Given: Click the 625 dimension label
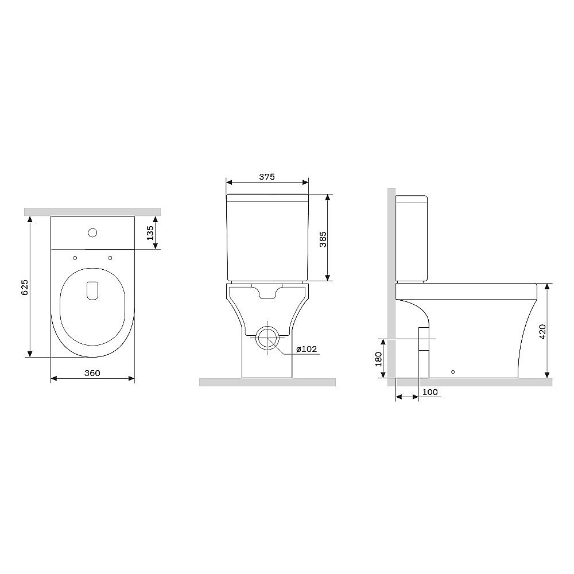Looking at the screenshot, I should pos(24,288).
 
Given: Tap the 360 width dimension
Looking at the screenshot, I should pos(92,373).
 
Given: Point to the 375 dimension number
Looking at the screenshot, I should pos(267,177).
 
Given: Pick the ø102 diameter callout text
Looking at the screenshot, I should pos(307,350).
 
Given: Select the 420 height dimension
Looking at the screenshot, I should pos(542,331).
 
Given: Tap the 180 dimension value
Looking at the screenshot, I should pos(378,359).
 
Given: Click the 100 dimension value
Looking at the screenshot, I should pos(430,392).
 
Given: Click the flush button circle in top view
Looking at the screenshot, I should pos(92,233).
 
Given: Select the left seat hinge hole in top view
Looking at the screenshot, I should pos(75,258).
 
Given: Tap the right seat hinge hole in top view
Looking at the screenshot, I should pos(109,258).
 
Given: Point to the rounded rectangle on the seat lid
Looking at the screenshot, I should pos(92,290).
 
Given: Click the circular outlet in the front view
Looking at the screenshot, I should pos(266,339).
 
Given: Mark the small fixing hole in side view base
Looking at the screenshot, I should pos(453,372).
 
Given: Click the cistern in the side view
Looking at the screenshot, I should pos(412,238).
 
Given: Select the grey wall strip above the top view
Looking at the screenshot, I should pos(92,212).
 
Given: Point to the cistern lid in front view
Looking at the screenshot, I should pos(267,197).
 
